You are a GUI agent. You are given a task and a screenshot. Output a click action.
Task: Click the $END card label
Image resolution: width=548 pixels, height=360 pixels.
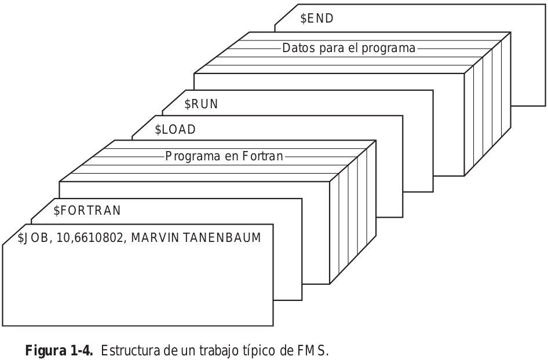point(317,18)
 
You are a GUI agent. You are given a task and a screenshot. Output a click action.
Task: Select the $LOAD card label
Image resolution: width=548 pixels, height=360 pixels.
point(175,130)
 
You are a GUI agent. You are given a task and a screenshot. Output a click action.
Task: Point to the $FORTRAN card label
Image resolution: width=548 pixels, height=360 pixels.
point(87,211)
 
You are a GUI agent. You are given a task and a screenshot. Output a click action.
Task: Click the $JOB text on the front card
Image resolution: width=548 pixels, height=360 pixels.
point(32,238)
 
